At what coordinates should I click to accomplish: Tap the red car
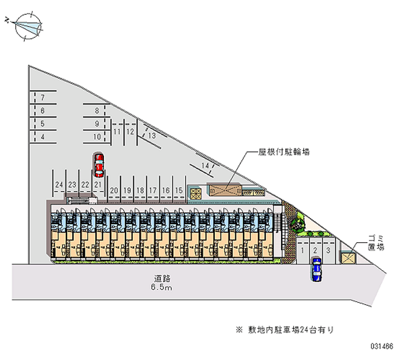[x=99, y=165]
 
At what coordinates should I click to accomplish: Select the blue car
[x=316, y=270]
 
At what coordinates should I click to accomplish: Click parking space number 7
[x=43, y=97]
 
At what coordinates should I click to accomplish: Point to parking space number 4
[x=43, y=137]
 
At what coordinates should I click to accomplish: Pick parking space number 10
[x=97, y=137]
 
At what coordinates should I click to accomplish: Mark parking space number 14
[x=204, y=165]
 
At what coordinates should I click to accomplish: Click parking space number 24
[x=59, y=184]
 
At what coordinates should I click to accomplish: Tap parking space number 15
[x=179, y=190]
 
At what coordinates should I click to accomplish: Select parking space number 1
[x=302, y=251]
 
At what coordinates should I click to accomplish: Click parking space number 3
[x=328, y=251]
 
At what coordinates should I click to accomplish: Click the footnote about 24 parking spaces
[x=287, y=329]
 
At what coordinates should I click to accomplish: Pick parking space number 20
[x=114, y=190]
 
